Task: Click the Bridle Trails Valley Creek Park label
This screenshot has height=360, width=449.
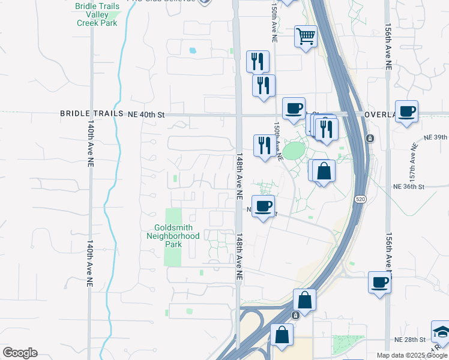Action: coord(97,14)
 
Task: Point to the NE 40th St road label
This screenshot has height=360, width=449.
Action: coord(146,113)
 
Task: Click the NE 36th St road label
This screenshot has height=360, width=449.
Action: coord(408,187)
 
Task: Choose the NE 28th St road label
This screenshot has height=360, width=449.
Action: coord(409,340)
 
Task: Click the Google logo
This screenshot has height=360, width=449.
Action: coord(20,353)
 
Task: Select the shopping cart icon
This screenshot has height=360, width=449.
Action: coord(306,37)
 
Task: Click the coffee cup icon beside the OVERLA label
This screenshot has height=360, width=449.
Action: coord(406,112)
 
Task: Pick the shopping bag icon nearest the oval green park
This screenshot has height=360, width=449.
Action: coord(323,171)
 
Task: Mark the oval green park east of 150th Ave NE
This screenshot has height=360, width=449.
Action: coord(293,150)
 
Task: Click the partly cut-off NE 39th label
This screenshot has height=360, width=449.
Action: coord(435,137)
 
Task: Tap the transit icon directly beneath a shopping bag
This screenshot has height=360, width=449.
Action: coord(295,315)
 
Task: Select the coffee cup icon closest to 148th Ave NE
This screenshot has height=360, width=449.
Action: coord(263,206)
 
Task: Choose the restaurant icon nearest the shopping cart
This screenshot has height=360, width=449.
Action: coord(258,61)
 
